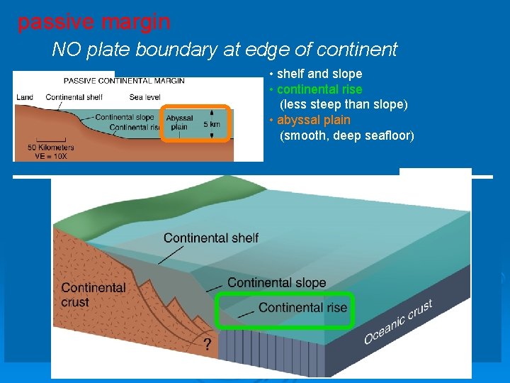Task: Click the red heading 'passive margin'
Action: point(93,23)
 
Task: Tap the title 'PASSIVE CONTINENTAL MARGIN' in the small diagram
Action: point(124,80)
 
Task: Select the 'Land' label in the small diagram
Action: point(24,97)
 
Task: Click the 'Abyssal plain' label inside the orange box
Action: point(179,123)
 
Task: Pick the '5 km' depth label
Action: point(212,123)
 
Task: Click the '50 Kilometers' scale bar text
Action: point(51,148)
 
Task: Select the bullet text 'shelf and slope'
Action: point(319,74)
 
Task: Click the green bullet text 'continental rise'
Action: point(319,89)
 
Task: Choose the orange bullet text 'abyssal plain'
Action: point(314,120)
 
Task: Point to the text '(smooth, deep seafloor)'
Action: point(347,135)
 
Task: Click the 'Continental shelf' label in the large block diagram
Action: point(211,238)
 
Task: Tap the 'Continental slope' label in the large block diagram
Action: point(276,282)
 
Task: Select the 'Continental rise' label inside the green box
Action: point(302,307)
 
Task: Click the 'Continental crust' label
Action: point(93,294)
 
